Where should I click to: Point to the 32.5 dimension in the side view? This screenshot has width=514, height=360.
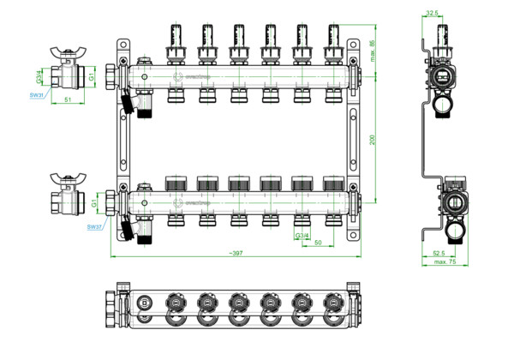[432, 14]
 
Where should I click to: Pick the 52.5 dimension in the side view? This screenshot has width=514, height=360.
[438, 253]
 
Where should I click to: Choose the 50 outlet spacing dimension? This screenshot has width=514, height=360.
[319, 243]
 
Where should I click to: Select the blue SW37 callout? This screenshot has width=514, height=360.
[93, 226]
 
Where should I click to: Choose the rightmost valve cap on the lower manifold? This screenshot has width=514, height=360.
[331, 183]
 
